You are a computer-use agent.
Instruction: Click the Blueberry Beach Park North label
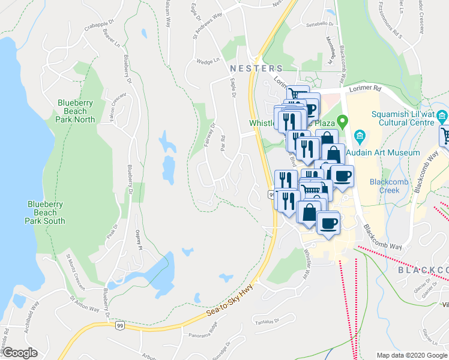[x=76, y=111]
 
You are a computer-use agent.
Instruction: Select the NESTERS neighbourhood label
[x=256, y=69]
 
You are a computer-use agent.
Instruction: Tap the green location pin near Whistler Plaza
[x=342, y=122]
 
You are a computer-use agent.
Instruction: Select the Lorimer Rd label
[x=369, y=88]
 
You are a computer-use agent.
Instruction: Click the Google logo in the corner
[x=20, y=353]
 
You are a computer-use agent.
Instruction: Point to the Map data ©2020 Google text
[x=412, y=355]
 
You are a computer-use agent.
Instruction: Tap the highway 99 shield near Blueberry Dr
[x=120, y=325]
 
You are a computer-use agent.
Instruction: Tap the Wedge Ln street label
[x=208, y=61]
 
